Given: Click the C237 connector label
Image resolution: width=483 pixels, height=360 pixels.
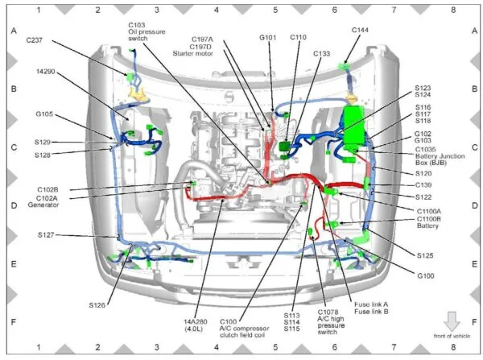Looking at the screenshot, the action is (34, 40).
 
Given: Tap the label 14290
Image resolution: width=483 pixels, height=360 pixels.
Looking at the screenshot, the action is (46, 72).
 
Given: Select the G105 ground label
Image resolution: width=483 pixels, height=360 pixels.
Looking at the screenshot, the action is (44, 114).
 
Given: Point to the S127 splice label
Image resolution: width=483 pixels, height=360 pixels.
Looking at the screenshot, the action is (46, 235).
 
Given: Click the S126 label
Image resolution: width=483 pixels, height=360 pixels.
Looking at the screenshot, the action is (97, 305).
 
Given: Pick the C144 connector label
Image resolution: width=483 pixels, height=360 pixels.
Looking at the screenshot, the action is (360, 30).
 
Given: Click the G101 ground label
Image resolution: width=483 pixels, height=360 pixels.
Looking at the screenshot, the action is (268, 38).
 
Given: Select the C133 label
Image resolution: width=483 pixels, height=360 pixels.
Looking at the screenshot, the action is (321, 54).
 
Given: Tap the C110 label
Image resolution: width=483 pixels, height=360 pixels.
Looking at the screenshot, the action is (298, 37).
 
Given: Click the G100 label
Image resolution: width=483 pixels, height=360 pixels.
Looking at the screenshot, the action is (426, 275).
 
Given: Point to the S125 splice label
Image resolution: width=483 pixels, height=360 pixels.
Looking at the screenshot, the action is (425, 255).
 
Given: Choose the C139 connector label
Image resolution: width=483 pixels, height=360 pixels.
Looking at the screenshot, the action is (423, 185).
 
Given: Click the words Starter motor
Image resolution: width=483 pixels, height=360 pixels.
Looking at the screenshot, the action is (193, 54).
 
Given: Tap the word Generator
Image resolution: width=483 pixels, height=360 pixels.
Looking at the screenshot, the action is (43, 205).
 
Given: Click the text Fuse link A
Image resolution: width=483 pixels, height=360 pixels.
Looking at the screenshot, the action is (371, 304).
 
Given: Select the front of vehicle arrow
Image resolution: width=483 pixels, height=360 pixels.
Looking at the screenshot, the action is (452, 321).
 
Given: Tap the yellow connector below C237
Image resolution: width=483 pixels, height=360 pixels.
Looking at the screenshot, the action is (137, 93).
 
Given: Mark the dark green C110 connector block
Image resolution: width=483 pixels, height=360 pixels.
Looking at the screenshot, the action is (284, 146).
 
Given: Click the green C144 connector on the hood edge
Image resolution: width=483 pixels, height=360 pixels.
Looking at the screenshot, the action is (344, 66).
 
